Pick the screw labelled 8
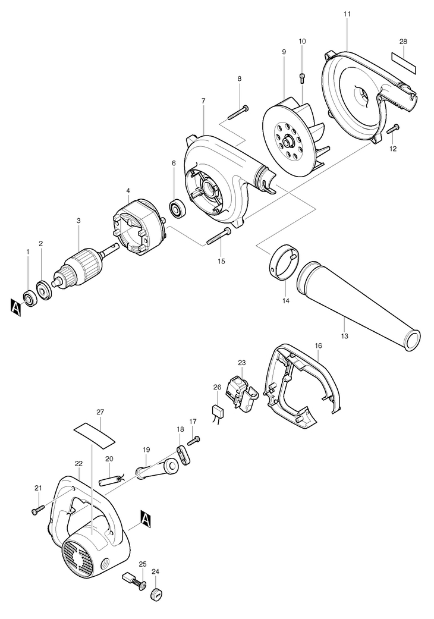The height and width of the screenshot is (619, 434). (x=237, y=111)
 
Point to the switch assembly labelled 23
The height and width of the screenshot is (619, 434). (x=246, y=390)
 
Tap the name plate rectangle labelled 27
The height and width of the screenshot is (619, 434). (x=94, y=435)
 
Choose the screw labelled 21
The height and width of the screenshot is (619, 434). (x=37, y=509)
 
